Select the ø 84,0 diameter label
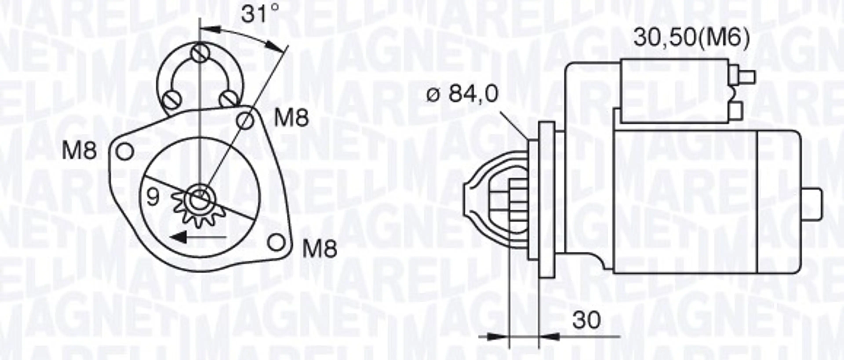pos(462,93)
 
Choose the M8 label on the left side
pos(79,151)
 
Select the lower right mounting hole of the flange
pos(276,243)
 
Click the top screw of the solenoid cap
pos(200,53)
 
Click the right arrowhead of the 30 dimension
pos(549,337)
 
